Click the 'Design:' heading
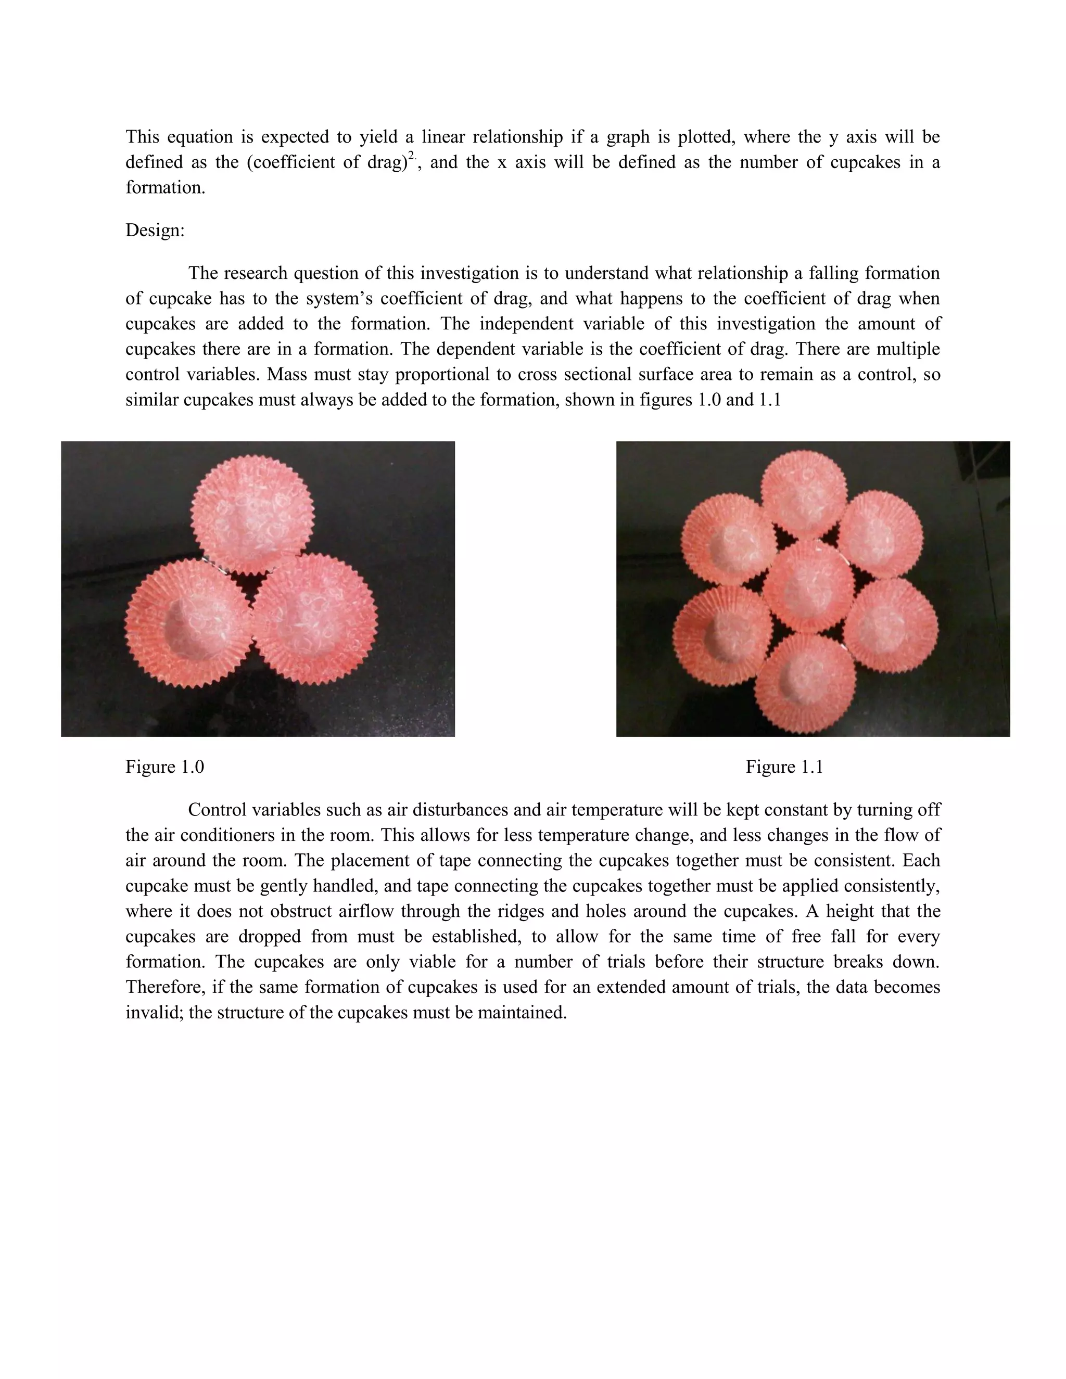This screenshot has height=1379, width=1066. click(x=155, y=231)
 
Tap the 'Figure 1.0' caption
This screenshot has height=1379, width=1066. click(x=165, y=767)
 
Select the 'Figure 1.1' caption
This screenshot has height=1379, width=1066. click(x=784, y=767)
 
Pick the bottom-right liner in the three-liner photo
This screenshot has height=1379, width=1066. click(x=316, y=619)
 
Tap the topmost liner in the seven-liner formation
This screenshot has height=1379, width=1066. click(x=803, y=495)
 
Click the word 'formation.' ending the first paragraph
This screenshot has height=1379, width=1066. click(x=166, y=187)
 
